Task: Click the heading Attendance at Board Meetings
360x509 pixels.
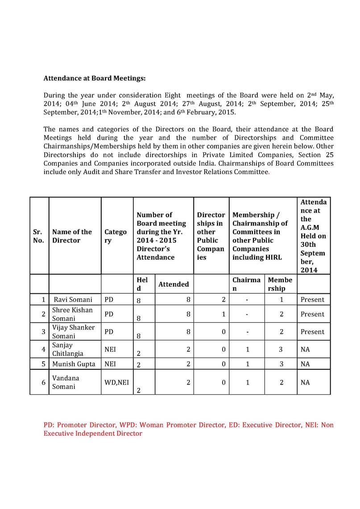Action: click(x=95, y=78)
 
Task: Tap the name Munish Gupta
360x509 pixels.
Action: click(x=74, y=364)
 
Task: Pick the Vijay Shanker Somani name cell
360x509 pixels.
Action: click(x=74, y=332)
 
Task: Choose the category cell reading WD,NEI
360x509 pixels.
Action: click(x=116, y=382)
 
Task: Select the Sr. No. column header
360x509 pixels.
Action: click(x=38, y=236)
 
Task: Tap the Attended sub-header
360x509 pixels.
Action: click(x=174, y=284)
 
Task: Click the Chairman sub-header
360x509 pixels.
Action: click(x=246, y=284)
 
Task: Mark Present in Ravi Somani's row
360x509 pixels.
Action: click(x=312, y=300)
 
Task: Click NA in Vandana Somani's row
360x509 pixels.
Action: click(x=305, y=382)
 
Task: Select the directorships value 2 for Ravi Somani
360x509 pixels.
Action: click(x=223, y=300)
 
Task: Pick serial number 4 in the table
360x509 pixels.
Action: click(x=43, y=349)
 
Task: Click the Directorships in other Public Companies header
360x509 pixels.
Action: click(x=211, y=236)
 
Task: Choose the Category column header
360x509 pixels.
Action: click(x=116, y=236)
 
